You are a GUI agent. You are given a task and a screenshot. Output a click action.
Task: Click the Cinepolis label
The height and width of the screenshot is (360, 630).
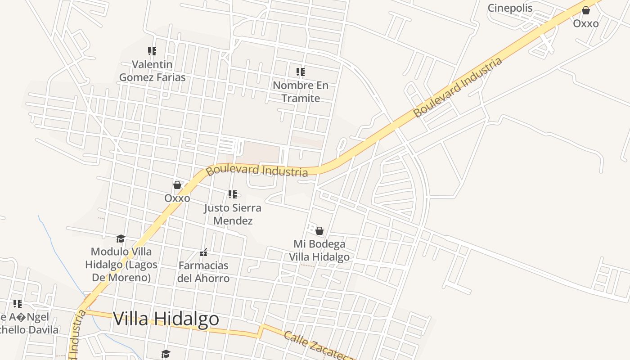point(510,8)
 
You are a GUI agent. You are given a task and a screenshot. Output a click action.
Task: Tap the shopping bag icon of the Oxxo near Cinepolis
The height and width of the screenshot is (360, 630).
point(586,10)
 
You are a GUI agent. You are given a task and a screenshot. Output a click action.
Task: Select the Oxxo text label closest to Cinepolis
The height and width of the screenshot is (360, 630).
point(586,23)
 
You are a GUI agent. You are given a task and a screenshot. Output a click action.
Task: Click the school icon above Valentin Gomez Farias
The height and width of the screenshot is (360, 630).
point(152,51)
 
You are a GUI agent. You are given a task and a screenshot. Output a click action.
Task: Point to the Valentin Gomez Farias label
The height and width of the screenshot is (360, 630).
point(152,71)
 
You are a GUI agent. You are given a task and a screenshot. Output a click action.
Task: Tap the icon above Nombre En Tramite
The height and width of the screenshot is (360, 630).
point(301,72)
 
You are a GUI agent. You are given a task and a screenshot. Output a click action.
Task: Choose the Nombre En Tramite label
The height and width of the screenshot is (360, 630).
point(301,92)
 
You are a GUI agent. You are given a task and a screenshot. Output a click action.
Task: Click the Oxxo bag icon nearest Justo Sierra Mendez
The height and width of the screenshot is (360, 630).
point(177,185)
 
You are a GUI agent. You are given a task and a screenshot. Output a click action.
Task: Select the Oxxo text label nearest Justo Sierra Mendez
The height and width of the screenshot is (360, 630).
point(177,198)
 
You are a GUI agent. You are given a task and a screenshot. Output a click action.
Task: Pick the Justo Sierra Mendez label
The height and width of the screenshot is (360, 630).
point(233,214)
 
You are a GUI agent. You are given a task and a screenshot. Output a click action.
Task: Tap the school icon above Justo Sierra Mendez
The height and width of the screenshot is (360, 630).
point(233,194)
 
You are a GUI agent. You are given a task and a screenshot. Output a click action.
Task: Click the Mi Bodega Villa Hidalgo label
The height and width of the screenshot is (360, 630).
point(319,251)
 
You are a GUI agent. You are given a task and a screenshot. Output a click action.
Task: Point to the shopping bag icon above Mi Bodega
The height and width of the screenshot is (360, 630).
point(319,231)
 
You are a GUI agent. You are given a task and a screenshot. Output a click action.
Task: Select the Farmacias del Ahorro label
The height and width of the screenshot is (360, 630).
point(203,272)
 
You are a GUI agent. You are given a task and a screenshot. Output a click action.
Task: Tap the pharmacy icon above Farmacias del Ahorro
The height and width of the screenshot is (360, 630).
point(203,252)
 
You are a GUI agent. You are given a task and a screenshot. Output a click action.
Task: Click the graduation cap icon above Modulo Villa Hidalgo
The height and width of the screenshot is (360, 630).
point(121,238)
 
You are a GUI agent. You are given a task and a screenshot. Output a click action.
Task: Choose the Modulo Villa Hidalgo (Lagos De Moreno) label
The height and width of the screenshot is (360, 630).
point(121,264)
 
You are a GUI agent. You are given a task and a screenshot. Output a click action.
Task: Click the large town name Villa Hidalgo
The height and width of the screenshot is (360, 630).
point(166,319)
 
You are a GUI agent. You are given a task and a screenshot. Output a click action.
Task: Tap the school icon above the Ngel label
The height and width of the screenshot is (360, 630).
point(18,304)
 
